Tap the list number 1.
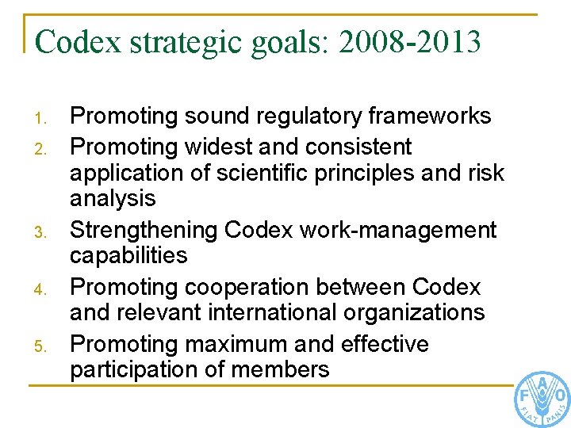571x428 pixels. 45,120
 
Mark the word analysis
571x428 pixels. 113,198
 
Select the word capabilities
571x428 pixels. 128,256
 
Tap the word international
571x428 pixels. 274,312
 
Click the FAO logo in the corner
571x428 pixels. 542,399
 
